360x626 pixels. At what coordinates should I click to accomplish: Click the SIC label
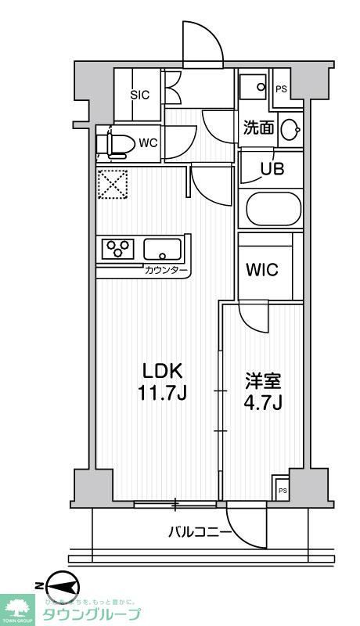[x=140, y=95]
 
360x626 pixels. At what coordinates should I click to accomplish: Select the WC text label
[x=148, y=143]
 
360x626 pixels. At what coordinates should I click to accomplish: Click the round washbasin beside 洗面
[x=290, y=129]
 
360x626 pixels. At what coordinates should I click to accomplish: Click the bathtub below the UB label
[x=273, y=209]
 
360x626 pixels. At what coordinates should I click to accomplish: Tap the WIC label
[x=261, y=270]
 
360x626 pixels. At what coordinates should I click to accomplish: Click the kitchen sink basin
[x=162, y=250]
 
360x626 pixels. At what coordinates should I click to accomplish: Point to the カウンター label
[x=166, y=271]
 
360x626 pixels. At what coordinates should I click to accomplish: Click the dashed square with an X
[x=111, y=185]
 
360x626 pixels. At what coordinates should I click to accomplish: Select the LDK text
[x=163, y=369]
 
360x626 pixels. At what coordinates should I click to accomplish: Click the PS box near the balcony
[x=282, y=490]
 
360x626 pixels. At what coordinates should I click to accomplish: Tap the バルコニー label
[x=200, y=533]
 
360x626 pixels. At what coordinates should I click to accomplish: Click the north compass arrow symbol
[x=63, y=586]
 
